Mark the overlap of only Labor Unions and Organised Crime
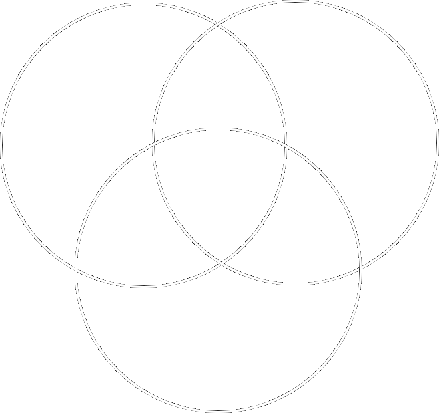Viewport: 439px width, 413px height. pyautogui.click(x=220, y=80)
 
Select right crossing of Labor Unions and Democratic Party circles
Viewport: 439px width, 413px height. pyautogui.click(x=287, y=142)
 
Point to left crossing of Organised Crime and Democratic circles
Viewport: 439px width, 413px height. pyautogui.click(x=153, y=142)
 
